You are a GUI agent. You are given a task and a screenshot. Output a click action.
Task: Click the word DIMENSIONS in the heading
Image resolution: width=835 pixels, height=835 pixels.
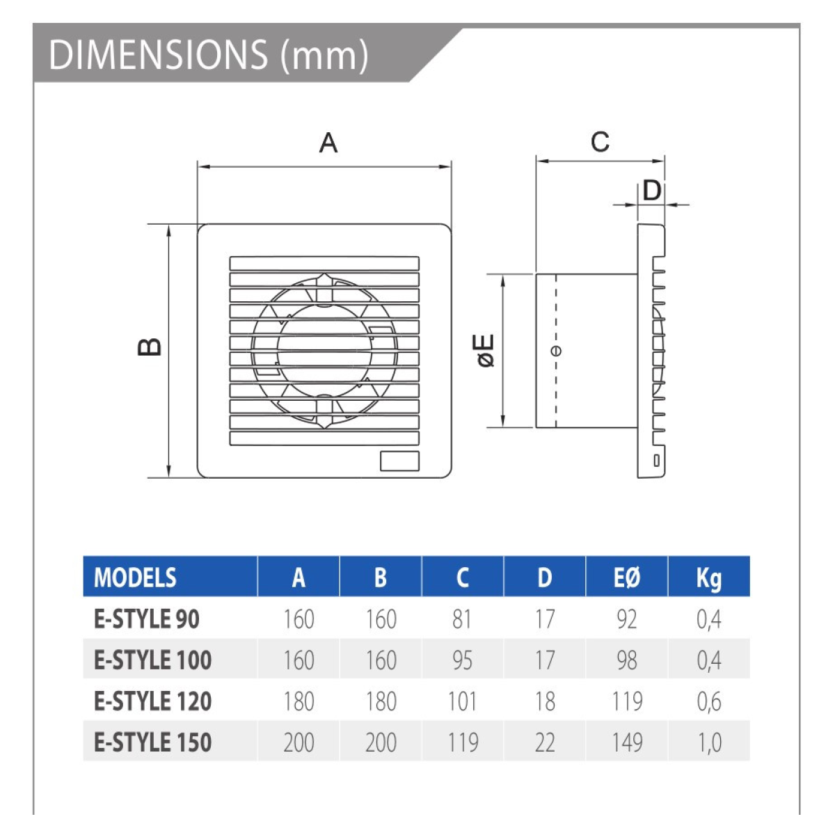click(x=159, y=55)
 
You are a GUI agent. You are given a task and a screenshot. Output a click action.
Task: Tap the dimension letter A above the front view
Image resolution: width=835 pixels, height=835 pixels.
click(x=328, y=143)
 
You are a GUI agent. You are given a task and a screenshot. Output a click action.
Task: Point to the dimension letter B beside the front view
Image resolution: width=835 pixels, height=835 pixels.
click(x=150, y=347)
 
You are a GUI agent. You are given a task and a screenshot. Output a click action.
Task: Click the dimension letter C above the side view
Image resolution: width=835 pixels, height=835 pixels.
click(x=600, y=142)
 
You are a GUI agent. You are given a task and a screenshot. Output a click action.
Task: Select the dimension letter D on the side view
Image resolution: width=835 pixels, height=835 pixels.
click(x=651, y=191)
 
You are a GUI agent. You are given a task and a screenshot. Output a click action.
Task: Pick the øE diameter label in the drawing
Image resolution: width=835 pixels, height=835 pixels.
click(x=486, y=351)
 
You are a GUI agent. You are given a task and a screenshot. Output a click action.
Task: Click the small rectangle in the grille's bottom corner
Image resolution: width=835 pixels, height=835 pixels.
click(x=399, y=461)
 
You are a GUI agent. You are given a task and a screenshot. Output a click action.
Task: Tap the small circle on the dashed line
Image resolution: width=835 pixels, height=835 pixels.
click(x=557, y=351)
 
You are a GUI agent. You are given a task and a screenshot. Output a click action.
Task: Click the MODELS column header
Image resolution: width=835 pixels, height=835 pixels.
click(x=135, y=578)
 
